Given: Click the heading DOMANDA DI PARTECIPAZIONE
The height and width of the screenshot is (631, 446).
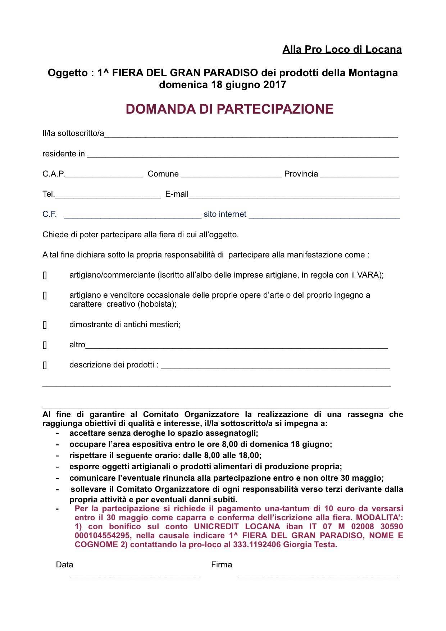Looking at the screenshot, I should [x=229, y=109].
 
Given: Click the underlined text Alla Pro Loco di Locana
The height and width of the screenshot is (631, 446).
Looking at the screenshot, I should [x=342, y=49].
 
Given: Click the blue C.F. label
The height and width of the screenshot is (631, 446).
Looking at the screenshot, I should [x=50, y=214].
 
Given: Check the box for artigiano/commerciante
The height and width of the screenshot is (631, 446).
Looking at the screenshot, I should [x=45, y=275].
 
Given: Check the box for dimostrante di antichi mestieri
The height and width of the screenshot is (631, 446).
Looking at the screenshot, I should [x=45, y=325].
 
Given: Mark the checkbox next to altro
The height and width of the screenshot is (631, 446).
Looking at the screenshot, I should [x=45, y=345].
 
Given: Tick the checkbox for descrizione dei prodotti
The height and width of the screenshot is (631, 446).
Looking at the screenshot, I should [x=45, y=365].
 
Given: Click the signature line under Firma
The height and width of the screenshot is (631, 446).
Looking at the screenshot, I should [x=318, y=577].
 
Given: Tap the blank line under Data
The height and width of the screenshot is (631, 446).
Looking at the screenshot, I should [x=135, y=577].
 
